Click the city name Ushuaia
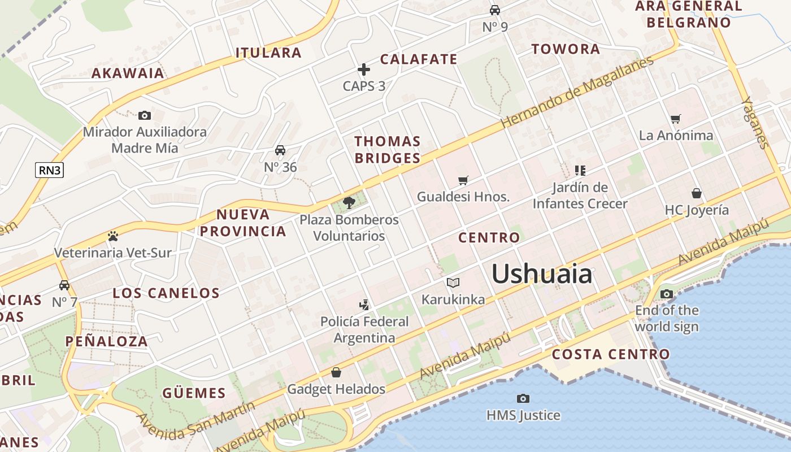pos(541,275)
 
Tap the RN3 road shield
pos(49,169)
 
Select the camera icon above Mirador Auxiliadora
pos(145,116)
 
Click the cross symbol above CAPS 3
pos(364,69)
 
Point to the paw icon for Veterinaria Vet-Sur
pos(112,236)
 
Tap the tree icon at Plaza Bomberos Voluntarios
pos(349,203)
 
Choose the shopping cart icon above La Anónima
pos(675,119)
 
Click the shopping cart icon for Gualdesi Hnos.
pos(463,180)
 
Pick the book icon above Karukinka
pos(453,282)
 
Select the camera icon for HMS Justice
pos(523,399)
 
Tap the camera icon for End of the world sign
pos(667,294)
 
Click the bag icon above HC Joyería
pos(697,193)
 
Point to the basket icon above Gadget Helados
pos(336,372)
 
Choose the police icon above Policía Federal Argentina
pos(364,305)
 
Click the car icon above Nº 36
pos(280,150)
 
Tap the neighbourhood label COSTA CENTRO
pos(611,355)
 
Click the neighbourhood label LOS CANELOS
pos(166,293)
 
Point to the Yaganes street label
pos(755,123)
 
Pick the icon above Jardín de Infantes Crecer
pos(580,170)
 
